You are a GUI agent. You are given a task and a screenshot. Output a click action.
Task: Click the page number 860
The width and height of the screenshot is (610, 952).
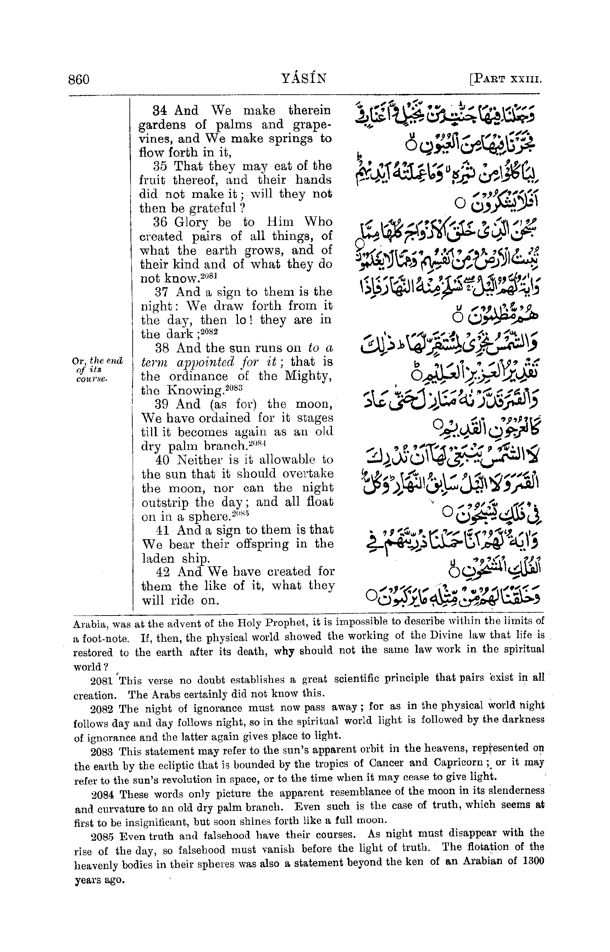point(79,79)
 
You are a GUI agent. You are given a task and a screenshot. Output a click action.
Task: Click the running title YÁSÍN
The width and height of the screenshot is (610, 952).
point(304,78)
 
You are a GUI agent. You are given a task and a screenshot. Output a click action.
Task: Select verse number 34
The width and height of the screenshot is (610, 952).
point(160,111)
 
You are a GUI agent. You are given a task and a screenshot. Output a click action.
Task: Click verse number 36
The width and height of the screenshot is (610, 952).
point(160,222)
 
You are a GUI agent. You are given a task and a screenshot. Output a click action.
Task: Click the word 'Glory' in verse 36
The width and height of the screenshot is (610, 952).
point(191,223)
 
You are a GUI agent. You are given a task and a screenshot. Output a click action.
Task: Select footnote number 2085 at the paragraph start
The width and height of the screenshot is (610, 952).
point(102,837)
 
